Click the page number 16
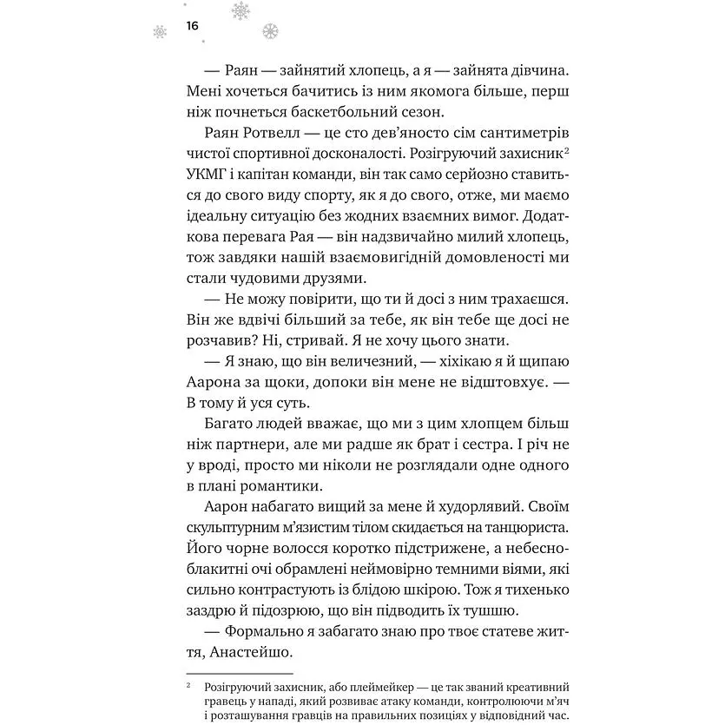[x=192, y=26]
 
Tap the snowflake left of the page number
[x=160, y=31]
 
